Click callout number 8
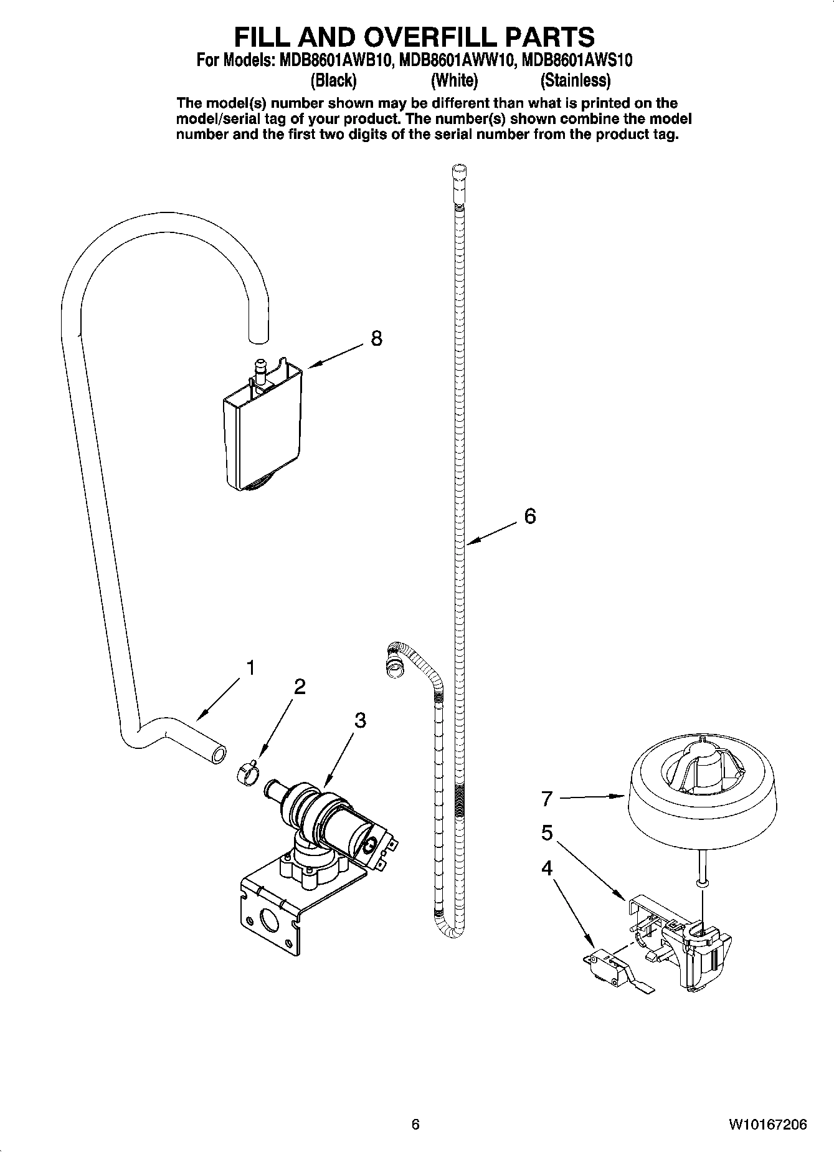[376, 338]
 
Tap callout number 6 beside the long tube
[529, 516]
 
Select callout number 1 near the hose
[250, 669]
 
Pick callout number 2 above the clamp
[300, 687]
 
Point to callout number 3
[360, 720]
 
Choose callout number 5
[547, 833]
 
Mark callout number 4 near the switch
[547, 868]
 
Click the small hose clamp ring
[247, 774]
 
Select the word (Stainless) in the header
[576, 80]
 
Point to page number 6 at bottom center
[415, 1124]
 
